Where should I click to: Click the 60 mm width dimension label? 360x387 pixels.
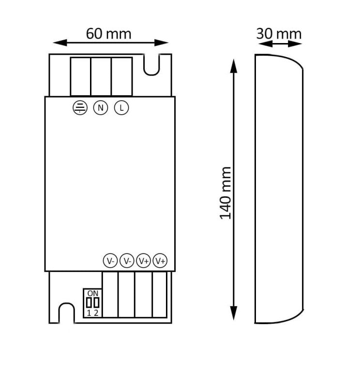pos(108,33)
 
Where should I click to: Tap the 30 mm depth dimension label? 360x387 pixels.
pos(278,33)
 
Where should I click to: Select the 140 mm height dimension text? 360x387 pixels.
pos(225,193)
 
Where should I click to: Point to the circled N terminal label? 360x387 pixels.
pos(100,108)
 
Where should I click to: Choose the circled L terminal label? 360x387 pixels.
pos(121,108)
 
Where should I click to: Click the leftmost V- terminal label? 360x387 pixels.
pos(110,261)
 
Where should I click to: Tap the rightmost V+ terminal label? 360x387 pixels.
pos(160,261)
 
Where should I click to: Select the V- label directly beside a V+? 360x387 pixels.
pos(127,261)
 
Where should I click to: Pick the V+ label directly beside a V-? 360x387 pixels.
pos(143,261)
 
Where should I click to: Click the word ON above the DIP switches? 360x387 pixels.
pos(92,293)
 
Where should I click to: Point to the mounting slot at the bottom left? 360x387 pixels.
pos(65,313)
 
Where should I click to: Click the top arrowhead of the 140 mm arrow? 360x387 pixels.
pos(234,65)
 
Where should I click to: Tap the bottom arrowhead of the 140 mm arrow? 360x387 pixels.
pos(234,314)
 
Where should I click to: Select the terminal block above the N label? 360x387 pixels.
pos(101,77)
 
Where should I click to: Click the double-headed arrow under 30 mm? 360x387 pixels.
pos(278,44)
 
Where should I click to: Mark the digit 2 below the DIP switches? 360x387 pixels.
pos(96,313)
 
